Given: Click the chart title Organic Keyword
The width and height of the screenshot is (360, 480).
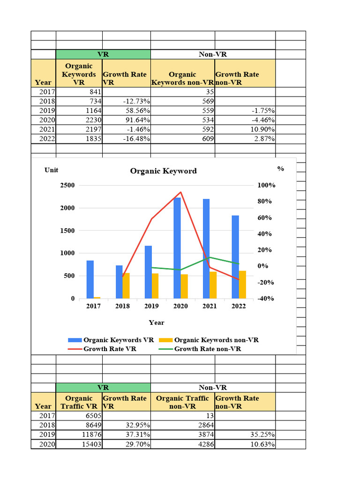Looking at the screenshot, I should pos(163,171).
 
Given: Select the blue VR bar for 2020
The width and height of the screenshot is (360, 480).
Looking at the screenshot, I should pos(177,248).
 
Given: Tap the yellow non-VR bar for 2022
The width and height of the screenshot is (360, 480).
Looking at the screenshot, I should pos(242,285).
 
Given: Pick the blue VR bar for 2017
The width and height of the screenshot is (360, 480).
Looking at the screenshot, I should pos(90,279).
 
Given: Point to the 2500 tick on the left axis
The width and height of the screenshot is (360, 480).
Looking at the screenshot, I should pos(67,186).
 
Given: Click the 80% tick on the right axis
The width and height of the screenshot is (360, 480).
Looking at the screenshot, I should pos(264,202).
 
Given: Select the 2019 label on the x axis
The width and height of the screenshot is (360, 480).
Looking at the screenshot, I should pos(151,306).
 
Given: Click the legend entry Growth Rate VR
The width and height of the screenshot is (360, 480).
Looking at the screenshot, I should pos(110,349).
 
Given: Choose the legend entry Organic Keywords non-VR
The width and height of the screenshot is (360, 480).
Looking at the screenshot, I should pos(216,340).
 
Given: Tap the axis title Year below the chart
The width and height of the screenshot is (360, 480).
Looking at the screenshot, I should pos(157,322).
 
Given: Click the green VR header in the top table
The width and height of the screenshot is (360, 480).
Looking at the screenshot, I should pos(103,54).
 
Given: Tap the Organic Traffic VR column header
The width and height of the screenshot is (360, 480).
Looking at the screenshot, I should pos(79,402).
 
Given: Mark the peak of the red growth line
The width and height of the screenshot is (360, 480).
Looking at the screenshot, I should pos(181,192).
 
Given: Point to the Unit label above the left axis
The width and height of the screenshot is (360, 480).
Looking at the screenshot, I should pos(52,170).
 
